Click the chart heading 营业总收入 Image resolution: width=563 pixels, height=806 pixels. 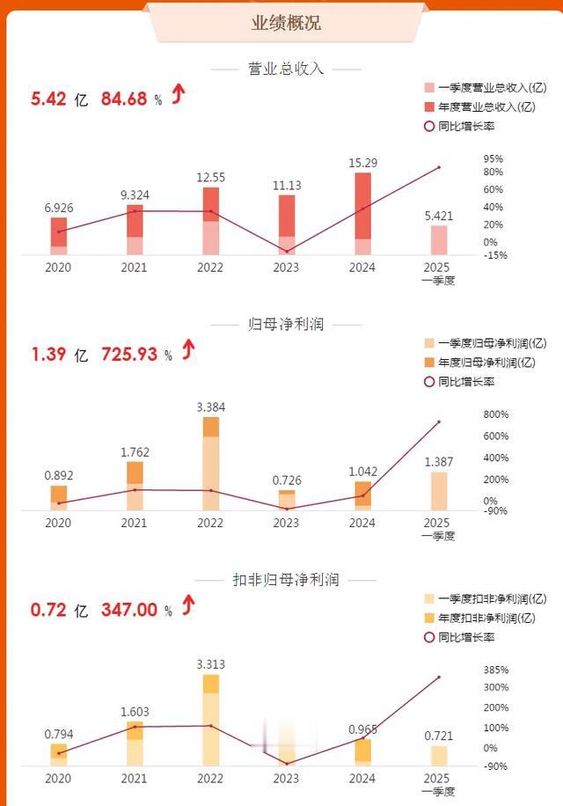pos(287,69)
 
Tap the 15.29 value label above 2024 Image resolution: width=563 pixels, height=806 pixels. pos(362,163)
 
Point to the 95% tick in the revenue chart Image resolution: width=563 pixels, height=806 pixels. pos(493,159)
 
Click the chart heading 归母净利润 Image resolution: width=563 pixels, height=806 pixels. pos(287,325)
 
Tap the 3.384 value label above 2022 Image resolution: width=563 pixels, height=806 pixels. pos(210,407)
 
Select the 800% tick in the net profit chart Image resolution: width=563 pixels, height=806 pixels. pos(496,414)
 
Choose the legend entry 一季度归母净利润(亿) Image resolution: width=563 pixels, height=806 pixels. pos(485,344)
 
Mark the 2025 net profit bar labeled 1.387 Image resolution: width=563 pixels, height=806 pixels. pos(438,491)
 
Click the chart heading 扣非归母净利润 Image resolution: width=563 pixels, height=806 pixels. pos(286,581)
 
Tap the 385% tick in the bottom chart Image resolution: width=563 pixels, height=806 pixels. pos(495,670)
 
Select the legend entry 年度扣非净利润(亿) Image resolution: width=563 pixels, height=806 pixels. pos(485,618)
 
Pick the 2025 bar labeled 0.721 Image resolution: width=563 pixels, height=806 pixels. pos(438,756)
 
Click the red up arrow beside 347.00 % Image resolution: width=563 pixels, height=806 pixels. pos(187,606)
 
